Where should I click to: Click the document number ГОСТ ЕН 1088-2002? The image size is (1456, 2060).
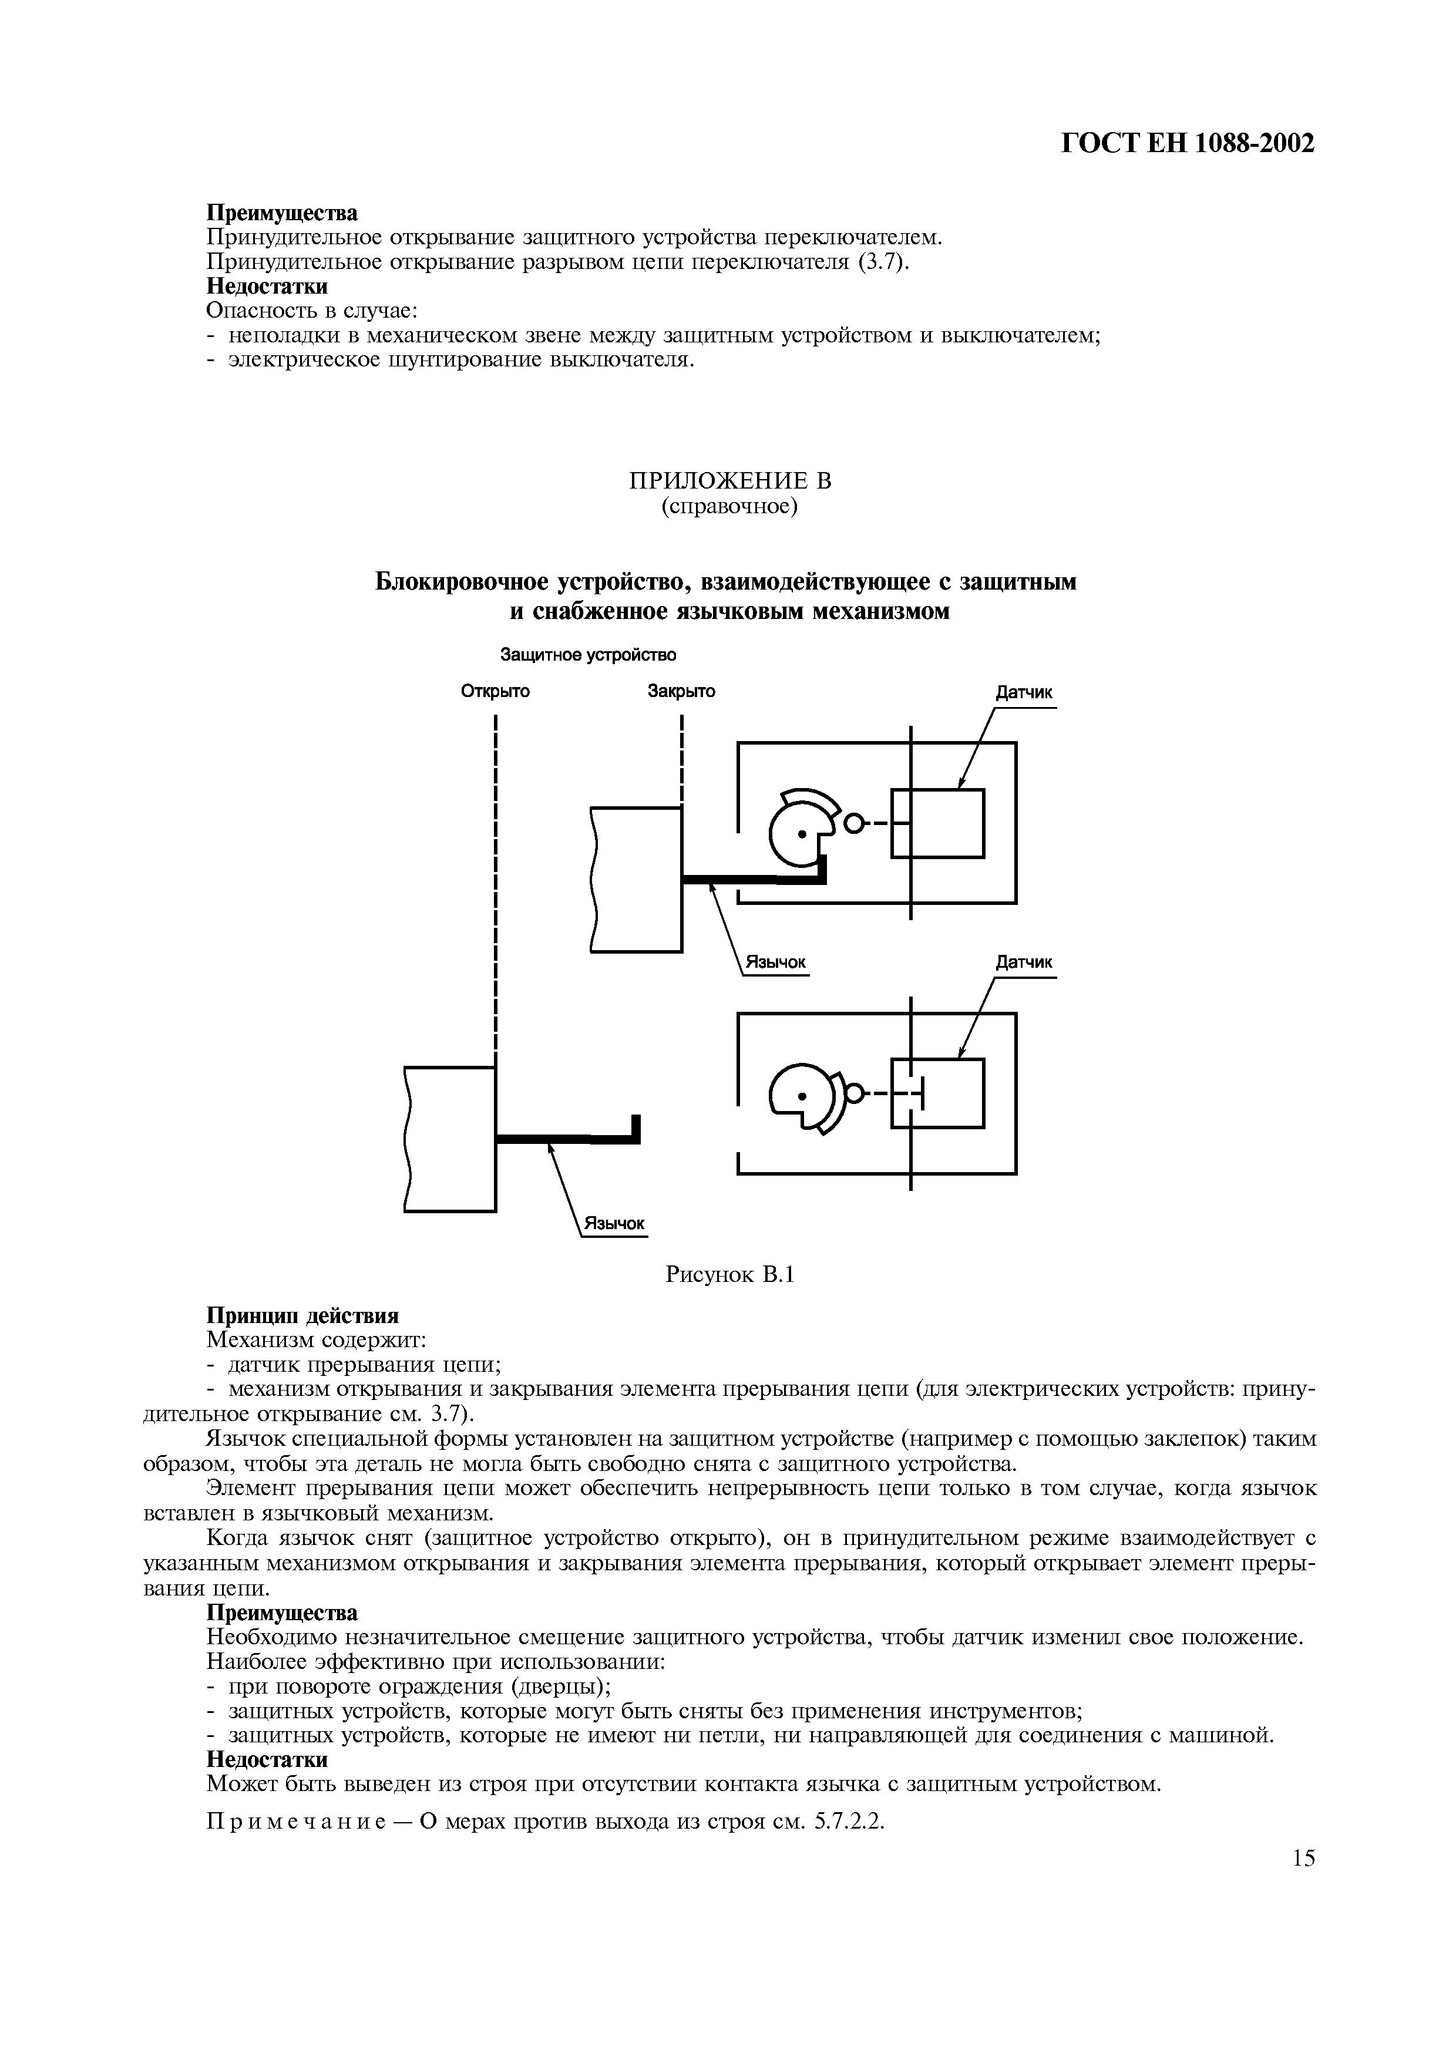1188,143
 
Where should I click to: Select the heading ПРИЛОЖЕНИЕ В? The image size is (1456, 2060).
729,481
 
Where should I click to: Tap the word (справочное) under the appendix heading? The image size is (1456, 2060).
729,507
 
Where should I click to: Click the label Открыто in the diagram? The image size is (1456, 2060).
495,692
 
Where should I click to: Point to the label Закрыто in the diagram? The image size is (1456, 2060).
682,692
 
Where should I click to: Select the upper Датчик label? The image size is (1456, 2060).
1024,694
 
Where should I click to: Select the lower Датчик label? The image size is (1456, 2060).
1024,962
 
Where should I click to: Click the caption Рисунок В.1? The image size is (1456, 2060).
730,1275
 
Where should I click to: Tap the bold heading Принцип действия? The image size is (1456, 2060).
302,1316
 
